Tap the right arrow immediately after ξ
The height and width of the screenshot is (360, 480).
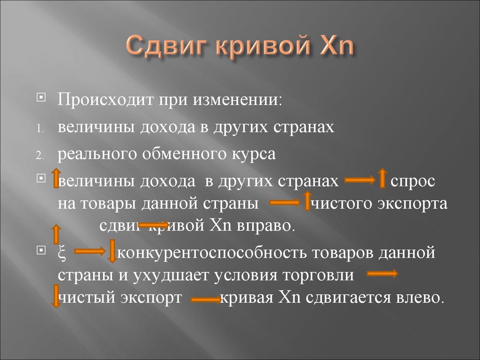point(90,252)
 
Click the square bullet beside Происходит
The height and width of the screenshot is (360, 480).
point(41,98)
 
